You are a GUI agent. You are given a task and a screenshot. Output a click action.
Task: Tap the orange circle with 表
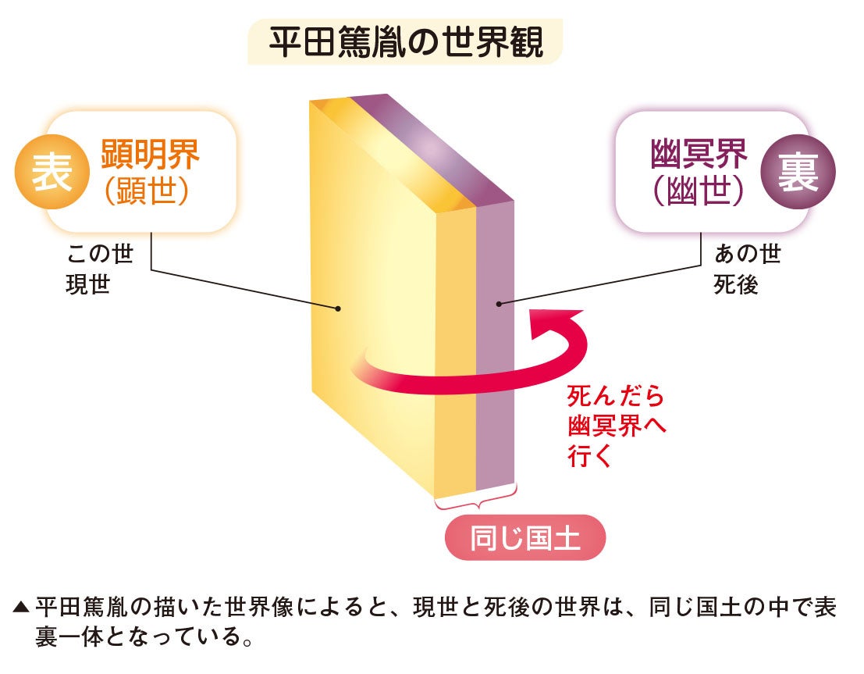52,173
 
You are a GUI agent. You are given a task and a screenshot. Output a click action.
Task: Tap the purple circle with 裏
797,173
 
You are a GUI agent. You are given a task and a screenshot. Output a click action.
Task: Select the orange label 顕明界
151,155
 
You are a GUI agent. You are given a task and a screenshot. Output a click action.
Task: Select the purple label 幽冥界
699,155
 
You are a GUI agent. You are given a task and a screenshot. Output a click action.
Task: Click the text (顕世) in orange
148,191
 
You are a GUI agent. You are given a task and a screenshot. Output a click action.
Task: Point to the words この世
100,255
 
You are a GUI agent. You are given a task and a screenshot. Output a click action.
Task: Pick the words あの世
747,255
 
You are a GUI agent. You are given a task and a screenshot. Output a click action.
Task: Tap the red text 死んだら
616,397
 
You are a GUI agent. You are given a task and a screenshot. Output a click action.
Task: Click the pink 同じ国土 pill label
524,538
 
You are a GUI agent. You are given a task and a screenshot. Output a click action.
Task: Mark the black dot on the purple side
498,303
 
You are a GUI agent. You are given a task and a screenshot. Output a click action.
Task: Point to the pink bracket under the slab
475,501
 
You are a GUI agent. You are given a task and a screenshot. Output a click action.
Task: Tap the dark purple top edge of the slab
437,148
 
